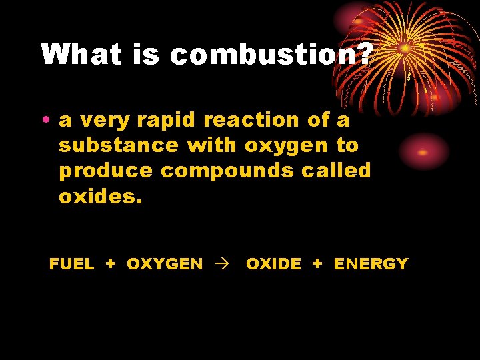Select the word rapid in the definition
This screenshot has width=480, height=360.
[x=165, y=121]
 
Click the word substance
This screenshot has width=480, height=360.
[x=119, y=145]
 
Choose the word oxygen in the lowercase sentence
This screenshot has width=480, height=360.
[x=287, y=145]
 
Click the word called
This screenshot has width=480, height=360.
[x=335, y=171]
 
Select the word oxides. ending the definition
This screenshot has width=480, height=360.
[x=101, y=196]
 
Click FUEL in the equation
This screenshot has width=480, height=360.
[x=71, y=264]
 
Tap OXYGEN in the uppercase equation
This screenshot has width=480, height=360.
[x=165, y=264]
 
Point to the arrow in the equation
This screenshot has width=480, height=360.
[x=223, y=265]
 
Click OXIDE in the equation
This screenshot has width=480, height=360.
[x=273, y=264]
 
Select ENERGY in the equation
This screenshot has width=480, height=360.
[x=371, y=264]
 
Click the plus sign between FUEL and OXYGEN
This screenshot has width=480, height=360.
[x=111, y=264]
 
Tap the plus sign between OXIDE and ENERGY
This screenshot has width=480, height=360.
[x=317, y=264]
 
